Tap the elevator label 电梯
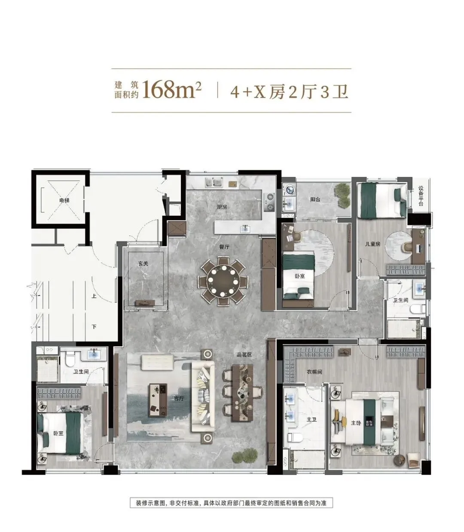64,201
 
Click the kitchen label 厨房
222,207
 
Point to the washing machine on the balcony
289,190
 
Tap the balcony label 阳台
315,199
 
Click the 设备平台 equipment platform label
421,196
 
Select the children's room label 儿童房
372,244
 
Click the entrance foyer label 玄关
143,263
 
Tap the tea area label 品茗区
244,354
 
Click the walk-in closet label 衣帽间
314,372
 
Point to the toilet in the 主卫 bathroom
294,437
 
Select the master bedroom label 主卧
356,423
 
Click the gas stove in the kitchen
269,201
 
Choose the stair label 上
94,296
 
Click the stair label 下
94,326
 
